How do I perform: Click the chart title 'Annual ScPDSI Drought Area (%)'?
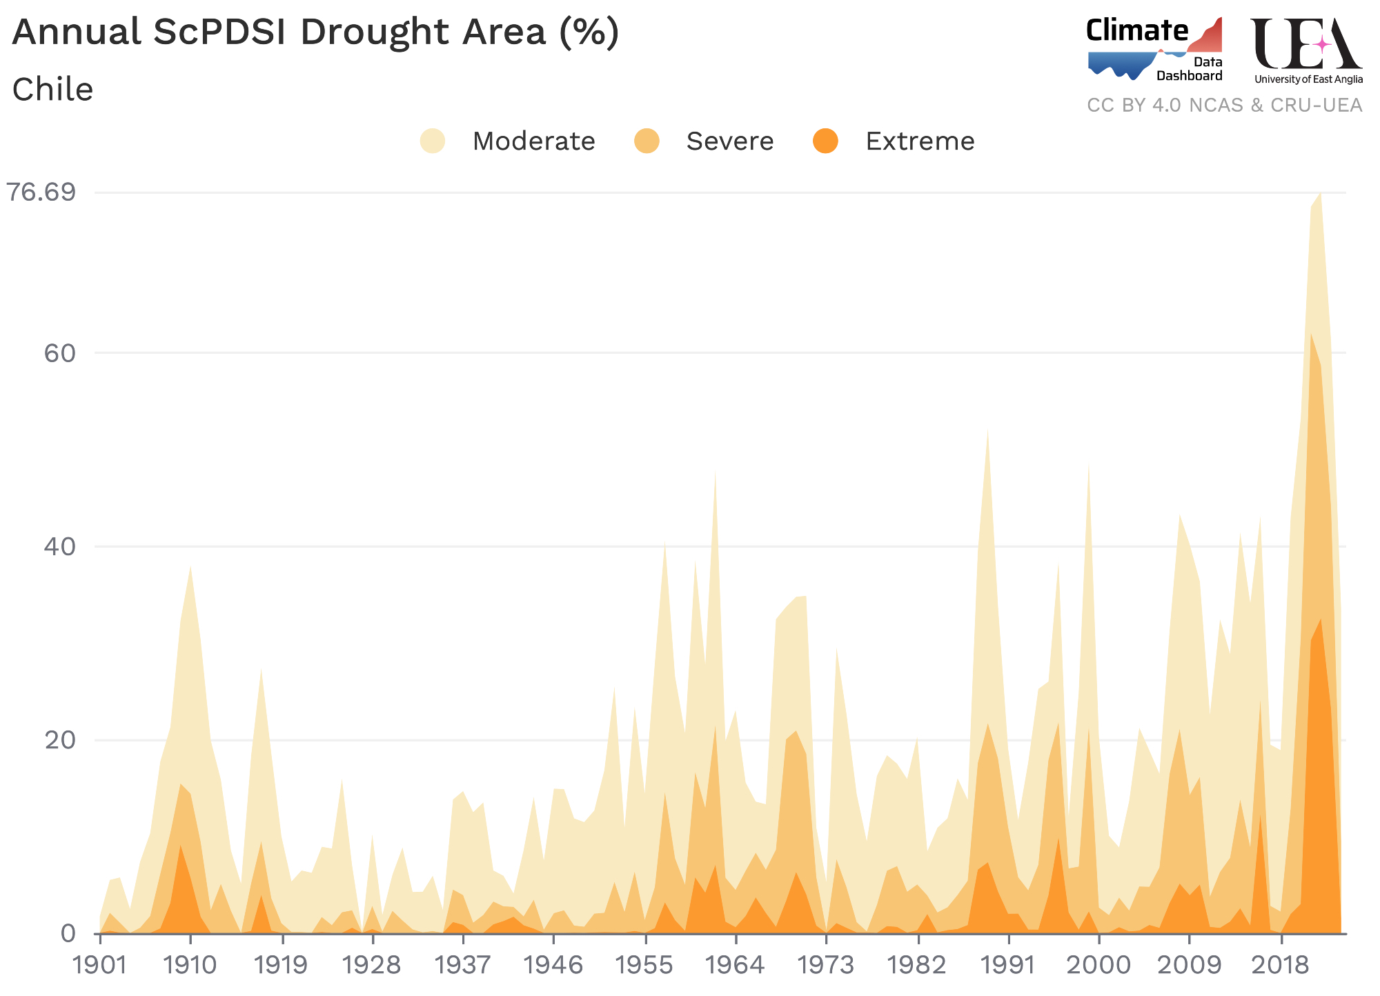[x=315, y=32]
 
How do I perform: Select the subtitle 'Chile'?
[x=52, y=90]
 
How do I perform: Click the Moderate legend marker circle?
[x=433, y=141]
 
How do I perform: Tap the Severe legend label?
[x=730, y=141]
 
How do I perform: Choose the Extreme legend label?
[x=920, y=141]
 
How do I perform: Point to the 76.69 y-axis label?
[x=41, y=192]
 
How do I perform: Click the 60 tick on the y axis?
[x=58, y=353]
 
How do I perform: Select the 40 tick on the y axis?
[x=58, y=546]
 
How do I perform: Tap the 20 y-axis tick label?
[x=58, y=740]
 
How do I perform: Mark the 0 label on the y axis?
[x=68, y=933]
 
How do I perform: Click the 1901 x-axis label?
[x=100, y=965]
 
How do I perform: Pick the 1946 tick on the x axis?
[x=553, y=965]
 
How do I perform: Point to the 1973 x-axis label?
[x=826, y=965]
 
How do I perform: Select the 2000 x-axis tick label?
[x=1098, y=965]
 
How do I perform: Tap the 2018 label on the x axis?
[x=1280, y=965]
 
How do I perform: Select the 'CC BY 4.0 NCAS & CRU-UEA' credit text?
[x=1224, y=106]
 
